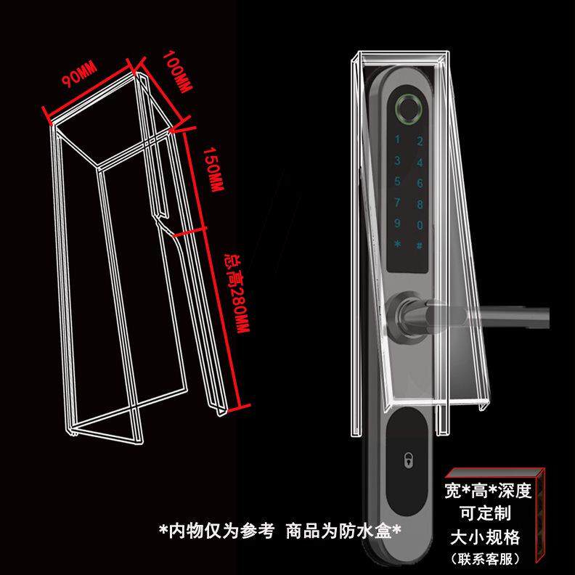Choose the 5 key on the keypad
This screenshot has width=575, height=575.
397,182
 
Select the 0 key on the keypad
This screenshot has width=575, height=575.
420,224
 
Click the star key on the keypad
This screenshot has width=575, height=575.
397,245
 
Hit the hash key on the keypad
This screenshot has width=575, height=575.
420,245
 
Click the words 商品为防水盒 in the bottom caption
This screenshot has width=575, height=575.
344,531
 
